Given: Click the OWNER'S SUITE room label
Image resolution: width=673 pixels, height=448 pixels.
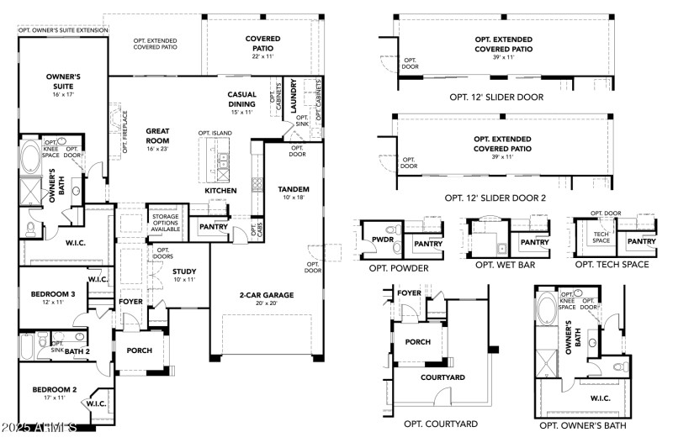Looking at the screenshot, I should coord(63,81).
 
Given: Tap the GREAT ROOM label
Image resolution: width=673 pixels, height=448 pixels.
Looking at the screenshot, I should coord(159,136).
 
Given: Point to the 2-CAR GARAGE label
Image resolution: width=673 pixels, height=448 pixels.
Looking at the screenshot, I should coord(264,296).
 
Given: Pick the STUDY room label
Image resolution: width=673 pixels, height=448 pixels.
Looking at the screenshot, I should coord(183,271).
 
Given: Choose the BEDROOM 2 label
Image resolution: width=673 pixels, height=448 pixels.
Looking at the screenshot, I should coord(55,389).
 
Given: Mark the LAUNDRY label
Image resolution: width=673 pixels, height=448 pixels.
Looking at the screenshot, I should coord(293,97).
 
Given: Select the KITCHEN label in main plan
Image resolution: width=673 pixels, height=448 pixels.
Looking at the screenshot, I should coord(220,191).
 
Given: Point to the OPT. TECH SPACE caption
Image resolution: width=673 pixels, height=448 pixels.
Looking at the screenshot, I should coord(612,266).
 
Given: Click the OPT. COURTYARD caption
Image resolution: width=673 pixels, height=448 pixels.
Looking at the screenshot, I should coord(440,424).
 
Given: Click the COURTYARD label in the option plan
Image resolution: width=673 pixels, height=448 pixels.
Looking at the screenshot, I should coord(442,378).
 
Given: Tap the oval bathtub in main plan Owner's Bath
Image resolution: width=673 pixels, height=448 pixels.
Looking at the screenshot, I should coord(30,156).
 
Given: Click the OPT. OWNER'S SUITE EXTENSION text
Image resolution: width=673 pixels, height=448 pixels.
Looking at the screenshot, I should coord(63,30).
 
